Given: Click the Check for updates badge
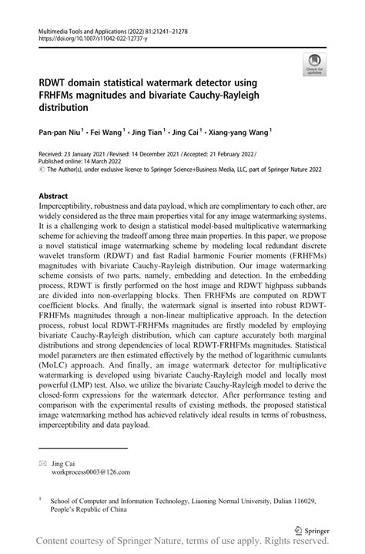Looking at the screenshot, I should coord(313,65).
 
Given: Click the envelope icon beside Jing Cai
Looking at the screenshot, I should coord(43,463).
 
